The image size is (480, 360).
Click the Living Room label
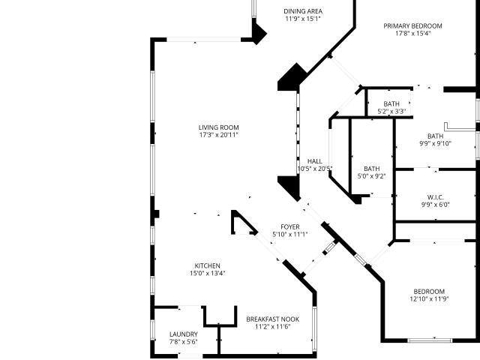point(218,127)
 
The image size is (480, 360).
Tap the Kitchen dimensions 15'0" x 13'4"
point(208,273)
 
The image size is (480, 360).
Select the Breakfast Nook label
point(273,319)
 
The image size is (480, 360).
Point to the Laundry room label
point(184,334)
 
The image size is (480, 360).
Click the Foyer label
point(290,226)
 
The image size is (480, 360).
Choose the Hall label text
point(315,161)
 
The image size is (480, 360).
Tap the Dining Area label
point(303,11)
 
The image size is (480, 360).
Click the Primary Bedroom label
point(413,26)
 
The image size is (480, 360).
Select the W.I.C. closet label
point(435,197)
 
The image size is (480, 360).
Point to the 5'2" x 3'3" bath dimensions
point(391,112)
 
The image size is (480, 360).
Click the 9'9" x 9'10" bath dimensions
point(435,143)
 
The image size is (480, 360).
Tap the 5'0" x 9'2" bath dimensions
point(372,176)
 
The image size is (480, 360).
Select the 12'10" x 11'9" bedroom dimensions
point(430,298)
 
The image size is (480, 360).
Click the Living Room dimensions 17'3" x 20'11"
point(218,135)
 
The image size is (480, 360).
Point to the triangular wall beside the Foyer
point(243,223)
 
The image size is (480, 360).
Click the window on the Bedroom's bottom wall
point(430,340)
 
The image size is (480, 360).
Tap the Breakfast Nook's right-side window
point(314,328)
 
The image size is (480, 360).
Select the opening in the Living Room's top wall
point(203,40)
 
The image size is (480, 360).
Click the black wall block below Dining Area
point(292,77)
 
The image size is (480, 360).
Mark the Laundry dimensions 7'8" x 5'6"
point(184,342)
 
